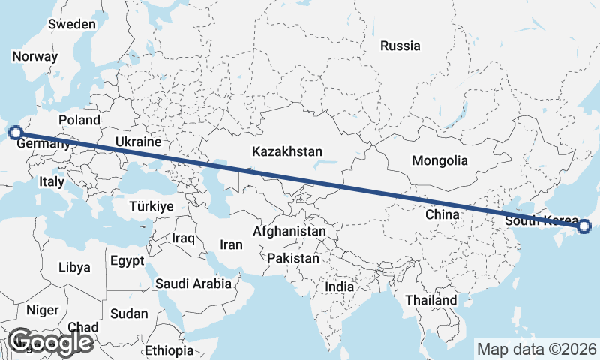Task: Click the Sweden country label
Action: click(72, 24)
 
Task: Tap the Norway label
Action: click(34, 56)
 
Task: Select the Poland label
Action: click(79, 120)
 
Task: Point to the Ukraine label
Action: click(139, 142)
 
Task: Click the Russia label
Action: click(400, 46)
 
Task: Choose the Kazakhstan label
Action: click(287, 151)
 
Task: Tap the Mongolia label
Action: click(439, 160)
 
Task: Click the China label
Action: click(442, 214)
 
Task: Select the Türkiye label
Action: click(151, 206)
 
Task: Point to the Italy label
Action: click(52, 181)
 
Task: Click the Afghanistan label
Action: click(289, 231)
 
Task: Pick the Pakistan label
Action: click(292, 259)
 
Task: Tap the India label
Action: click(339, 286)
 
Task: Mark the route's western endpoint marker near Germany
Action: click(15, 133)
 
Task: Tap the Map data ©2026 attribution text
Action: click(536, 349)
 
